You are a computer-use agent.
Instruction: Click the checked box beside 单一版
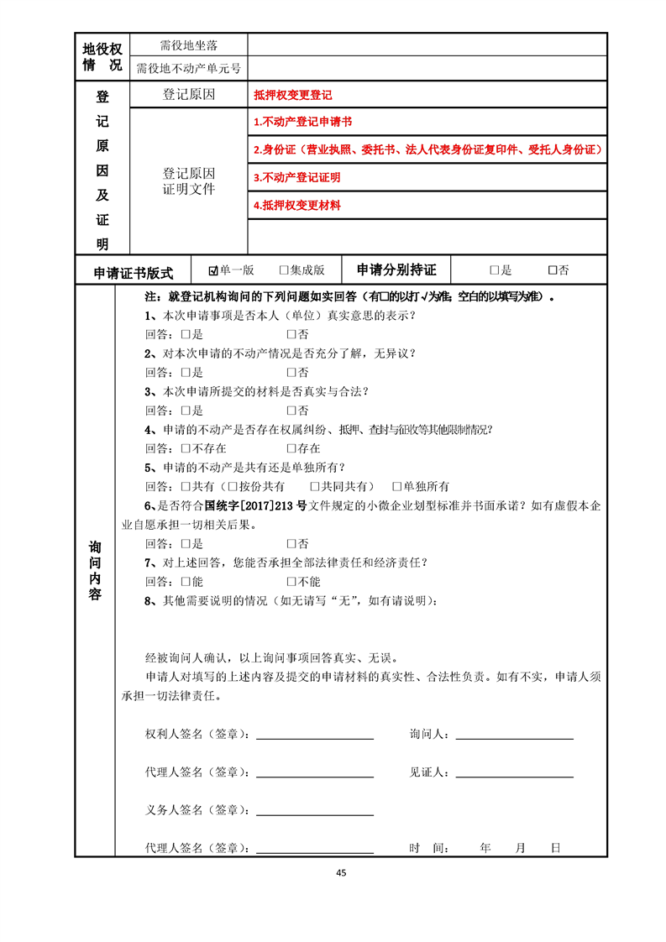tap(213, 270)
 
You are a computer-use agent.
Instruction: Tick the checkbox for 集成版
tap(284, 270)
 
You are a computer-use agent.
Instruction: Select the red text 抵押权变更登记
tap(292, 96)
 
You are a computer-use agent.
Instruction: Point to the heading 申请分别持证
tap(396, 270)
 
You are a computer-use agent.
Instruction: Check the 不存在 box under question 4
tap(186, 448)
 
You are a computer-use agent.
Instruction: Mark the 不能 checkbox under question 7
tap(291, 581)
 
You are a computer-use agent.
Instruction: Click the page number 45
tap(340, 872)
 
